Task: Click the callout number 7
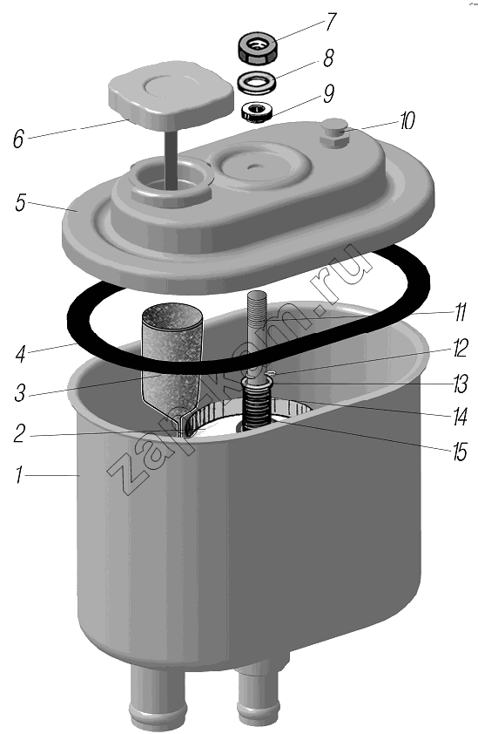pyautogui.click(x=330, y=23)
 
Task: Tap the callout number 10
pyautogui.click(x=407, y=121)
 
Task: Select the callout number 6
pyautogui.click(x=18, y=139)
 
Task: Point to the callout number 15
pyautogui.click(x=460, y=452)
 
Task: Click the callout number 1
pyautogui.click(x=18, y=476)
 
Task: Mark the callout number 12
pyautogui.click(x=460, y=349)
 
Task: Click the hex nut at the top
pyautogui.click(x=258, y=48)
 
